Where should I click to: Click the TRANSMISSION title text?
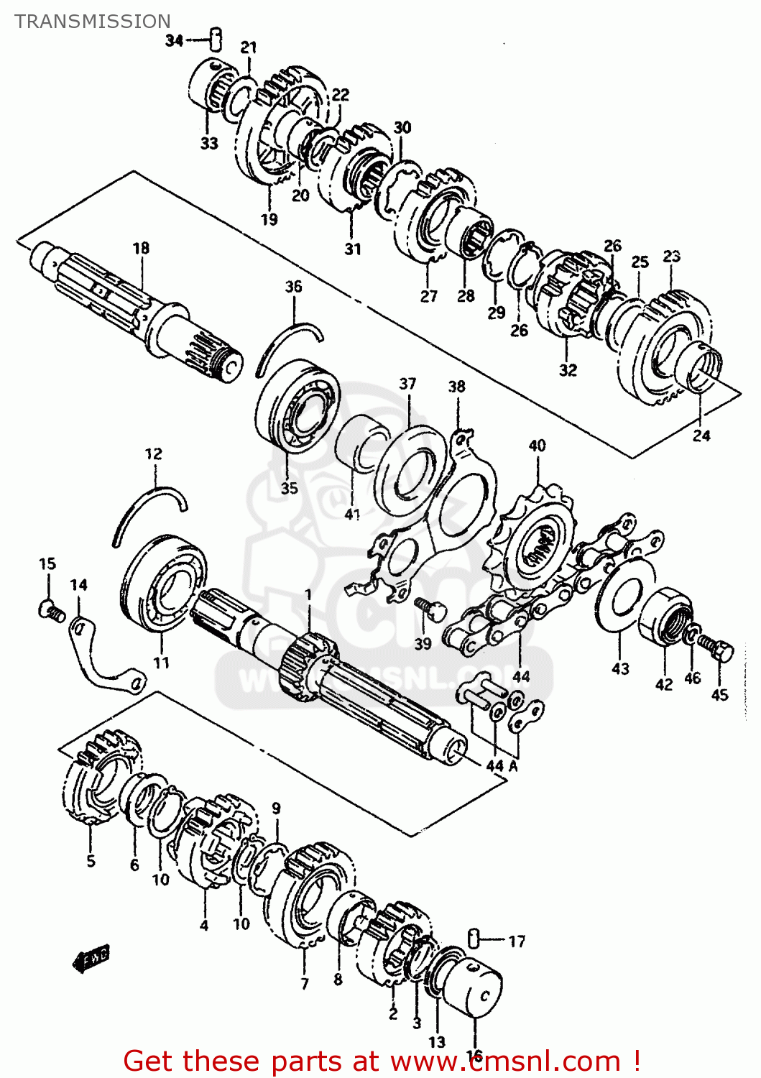(93, 22)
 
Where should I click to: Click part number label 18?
(141, 248)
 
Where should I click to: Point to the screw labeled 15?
(50, 611)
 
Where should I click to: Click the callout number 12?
(154, 454)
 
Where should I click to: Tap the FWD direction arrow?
(91, 958)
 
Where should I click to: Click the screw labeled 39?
(432, 609)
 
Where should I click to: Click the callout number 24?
(701, 436)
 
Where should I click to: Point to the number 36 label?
(293, 287)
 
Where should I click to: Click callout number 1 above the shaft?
(308, 595)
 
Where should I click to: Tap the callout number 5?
(91, 860)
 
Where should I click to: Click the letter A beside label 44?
(513, 766)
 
